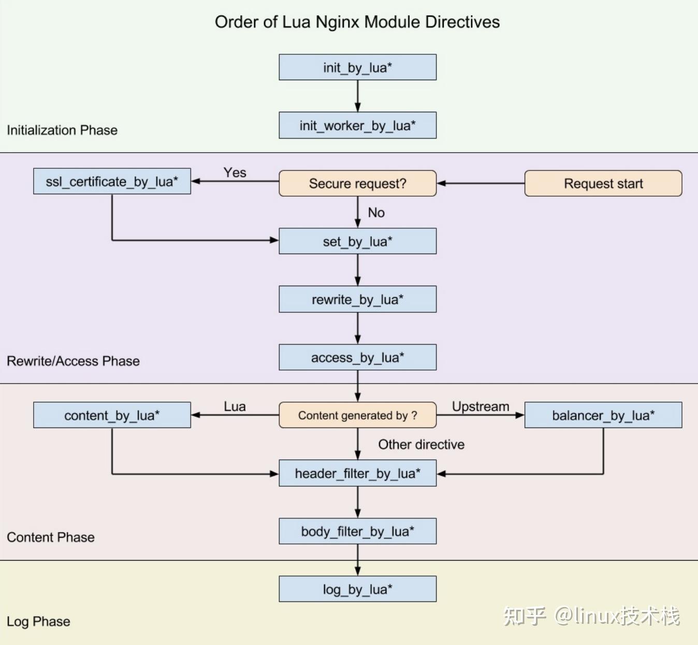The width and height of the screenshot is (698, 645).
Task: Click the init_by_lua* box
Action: (357, 67)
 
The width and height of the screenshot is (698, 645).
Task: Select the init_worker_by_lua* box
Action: (357, 125)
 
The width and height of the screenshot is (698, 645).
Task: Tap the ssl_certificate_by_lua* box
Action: (112, 181)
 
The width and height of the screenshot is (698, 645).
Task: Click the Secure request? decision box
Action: (357, 183)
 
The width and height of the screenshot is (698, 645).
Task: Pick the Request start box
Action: (603, 183)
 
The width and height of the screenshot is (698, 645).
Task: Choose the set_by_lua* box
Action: (357, 241)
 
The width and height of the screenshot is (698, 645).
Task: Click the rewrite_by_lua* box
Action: (357, 299)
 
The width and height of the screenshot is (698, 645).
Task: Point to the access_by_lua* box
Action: (357, 357)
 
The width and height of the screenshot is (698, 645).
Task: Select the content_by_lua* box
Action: (112, 415)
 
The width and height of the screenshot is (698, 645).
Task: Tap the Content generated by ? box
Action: (357, 415)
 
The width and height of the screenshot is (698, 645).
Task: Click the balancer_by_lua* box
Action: (603, 415)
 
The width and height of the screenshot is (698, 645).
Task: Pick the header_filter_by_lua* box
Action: (357, 473)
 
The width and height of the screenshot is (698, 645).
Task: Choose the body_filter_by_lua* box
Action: (357, 531)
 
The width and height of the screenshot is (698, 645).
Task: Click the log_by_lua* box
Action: (357, 589)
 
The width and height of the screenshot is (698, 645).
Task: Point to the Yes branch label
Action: (235, 172)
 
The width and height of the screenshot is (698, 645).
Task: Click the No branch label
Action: (376, 213)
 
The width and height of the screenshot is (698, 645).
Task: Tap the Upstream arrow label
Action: (481, 406)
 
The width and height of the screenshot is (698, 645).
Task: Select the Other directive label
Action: (421, 445)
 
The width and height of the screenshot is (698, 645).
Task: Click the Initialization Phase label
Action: (62, 130)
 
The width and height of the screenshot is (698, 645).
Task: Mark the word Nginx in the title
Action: (337, 22)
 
